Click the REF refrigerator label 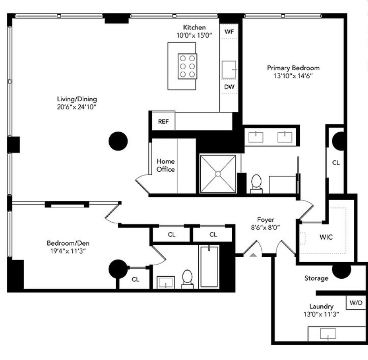click(x=163, y=121)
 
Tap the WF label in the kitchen click(x=228, y=31)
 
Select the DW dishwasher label click(x=228, y=87)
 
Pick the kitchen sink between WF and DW click(x=229, y=69)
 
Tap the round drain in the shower click(x=218, y=174)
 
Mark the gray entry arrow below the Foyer click(x=253, y=255)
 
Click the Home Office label click(x=166, y=165)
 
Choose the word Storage click(x=316, y=278)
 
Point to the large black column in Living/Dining click(x=118, y=141)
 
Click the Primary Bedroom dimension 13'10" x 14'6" click(x=293, y=76)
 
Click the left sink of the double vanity click(x=256, y=137)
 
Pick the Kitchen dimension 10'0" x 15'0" click(x=194, y=35)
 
